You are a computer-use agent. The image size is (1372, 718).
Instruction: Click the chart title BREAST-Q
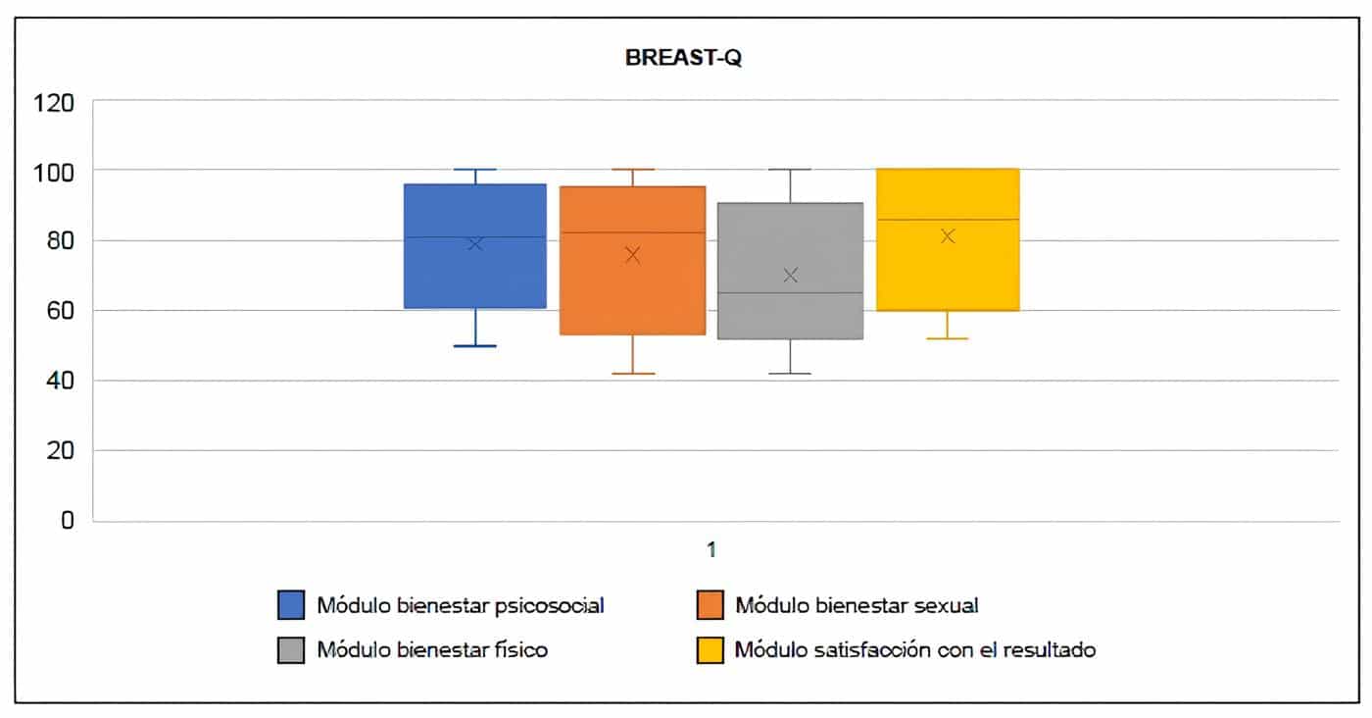684,58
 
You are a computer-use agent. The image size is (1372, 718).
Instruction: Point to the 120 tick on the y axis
55,102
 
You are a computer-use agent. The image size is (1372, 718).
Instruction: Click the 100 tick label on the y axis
55,172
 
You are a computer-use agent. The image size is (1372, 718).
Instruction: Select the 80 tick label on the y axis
60,241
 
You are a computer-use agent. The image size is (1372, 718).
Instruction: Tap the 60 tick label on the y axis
60,311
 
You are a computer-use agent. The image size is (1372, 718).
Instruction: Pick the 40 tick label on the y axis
60,382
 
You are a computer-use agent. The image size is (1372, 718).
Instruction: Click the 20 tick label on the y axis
60,451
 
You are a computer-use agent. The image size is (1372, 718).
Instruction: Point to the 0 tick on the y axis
67,520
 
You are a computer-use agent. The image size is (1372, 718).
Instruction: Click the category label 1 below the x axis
712,549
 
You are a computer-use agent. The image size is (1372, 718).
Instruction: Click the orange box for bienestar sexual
633,294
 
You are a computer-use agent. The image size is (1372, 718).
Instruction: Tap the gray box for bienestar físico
790,314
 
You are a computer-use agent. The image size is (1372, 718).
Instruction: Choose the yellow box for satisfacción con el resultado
948,275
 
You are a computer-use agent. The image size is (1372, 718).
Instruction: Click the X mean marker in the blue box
475,243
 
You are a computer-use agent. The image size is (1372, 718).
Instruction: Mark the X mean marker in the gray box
790,276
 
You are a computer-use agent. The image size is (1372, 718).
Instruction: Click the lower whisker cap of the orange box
633,374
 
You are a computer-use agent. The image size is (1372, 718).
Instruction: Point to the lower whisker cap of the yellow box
948,338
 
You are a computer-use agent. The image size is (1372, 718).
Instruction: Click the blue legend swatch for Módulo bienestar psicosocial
291,605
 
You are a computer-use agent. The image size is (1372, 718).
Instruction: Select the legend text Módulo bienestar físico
431,649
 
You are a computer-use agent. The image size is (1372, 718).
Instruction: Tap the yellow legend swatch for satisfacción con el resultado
710,649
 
